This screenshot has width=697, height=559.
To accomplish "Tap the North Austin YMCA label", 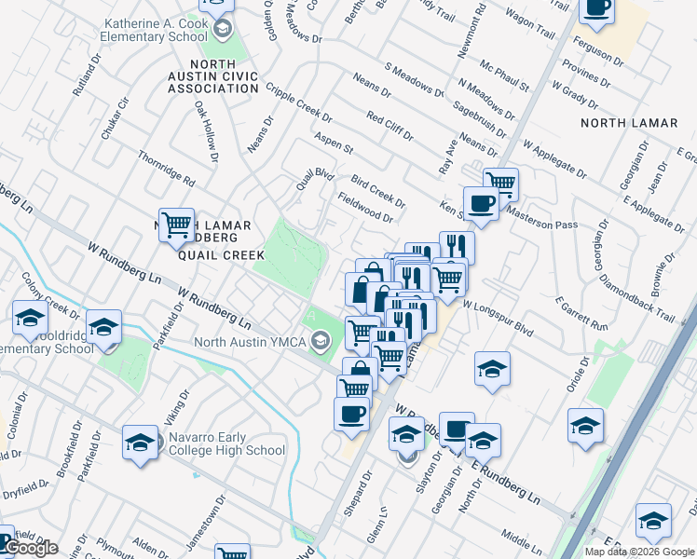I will coord(250,341).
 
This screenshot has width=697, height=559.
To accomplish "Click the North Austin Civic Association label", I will coord(212,76).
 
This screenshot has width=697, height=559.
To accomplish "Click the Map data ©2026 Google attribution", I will coord(640,552).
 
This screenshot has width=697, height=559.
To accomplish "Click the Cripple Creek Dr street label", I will coord(298,103).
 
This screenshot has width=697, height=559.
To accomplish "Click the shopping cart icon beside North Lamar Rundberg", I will coord(176,225).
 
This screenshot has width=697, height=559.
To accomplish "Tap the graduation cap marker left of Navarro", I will coord(140,443).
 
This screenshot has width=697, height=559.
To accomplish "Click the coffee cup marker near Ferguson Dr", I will coord(596,9).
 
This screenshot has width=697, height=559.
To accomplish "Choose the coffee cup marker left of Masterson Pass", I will coord(481,204).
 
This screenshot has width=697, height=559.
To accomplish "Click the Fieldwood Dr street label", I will coord(365,207).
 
